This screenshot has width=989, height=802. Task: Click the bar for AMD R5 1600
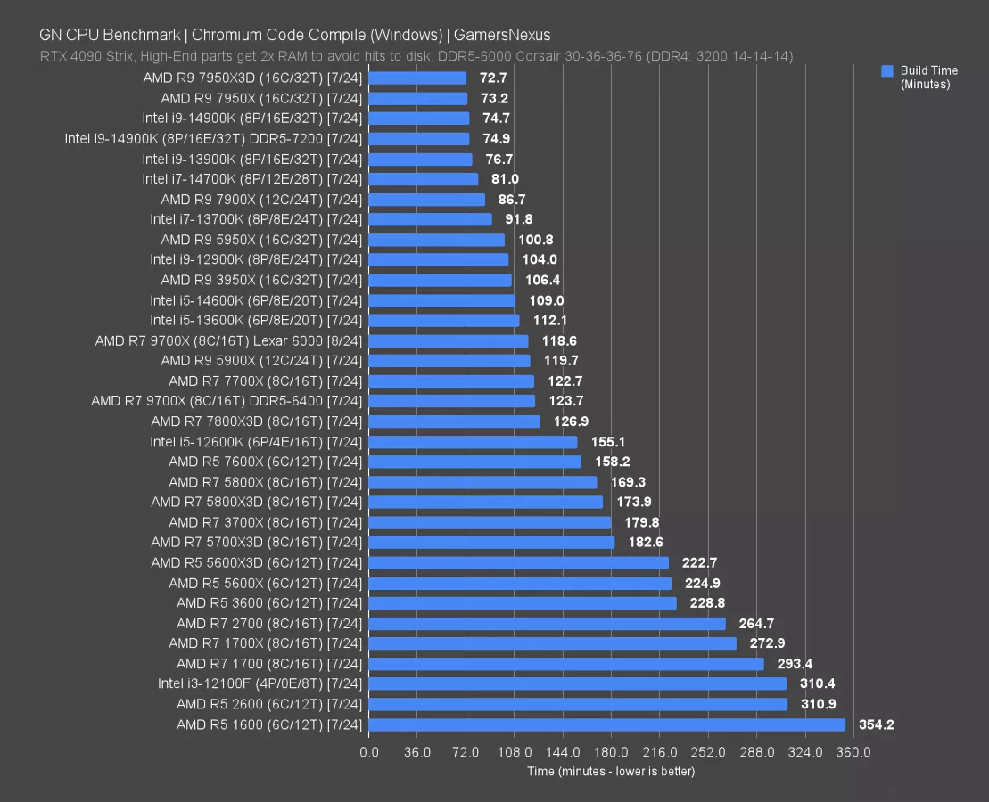coord(606,724)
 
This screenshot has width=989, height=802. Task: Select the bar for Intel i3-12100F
coord(577,683)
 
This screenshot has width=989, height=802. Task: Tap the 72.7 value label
coord(495,78)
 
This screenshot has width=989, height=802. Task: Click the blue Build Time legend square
coord(886,70)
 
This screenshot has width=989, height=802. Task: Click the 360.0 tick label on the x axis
coord(853,752)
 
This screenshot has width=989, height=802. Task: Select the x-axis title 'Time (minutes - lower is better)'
coord(611,771)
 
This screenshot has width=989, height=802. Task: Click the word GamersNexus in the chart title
coord(503,36)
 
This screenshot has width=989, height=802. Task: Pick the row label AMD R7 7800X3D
coord(257,421)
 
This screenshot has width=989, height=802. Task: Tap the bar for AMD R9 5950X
coord(436,240)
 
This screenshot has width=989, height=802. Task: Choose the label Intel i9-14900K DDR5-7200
coord(213,138)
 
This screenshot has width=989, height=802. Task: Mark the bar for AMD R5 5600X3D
coord(518,562)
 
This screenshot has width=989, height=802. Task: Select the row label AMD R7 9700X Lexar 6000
coord(228,340)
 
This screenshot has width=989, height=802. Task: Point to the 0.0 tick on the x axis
coord(368,752)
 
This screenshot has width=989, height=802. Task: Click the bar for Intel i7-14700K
coord(423,179)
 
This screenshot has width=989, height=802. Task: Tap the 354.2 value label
coord(875,724)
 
